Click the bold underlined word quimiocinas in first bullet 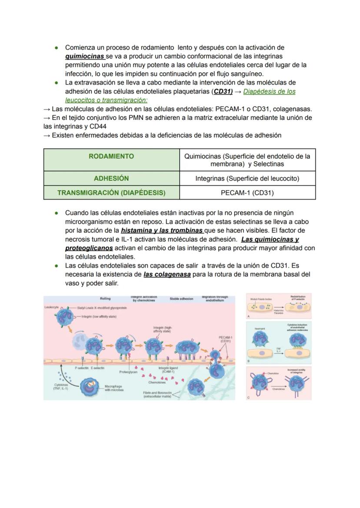point(85,56)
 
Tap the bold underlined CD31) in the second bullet point(223,91)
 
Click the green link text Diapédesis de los point(269,91)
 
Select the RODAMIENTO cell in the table point(111,156)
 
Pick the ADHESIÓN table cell point(111,178)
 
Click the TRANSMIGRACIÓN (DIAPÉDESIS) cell point(111,193)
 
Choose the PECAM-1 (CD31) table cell point(247,193)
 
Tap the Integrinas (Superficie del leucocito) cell point(247,178)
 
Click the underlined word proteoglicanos point(89,248)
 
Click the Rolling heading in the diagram point(105,299)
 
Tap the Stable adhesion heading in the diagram point(181,299)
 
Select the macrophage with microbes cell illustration point(92,386)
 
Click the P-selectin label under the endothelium point(82,368)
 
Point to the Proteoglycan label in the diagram point(128,372)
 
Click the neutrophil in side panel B point(260,339)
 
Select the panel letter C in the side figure point(248,398)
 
